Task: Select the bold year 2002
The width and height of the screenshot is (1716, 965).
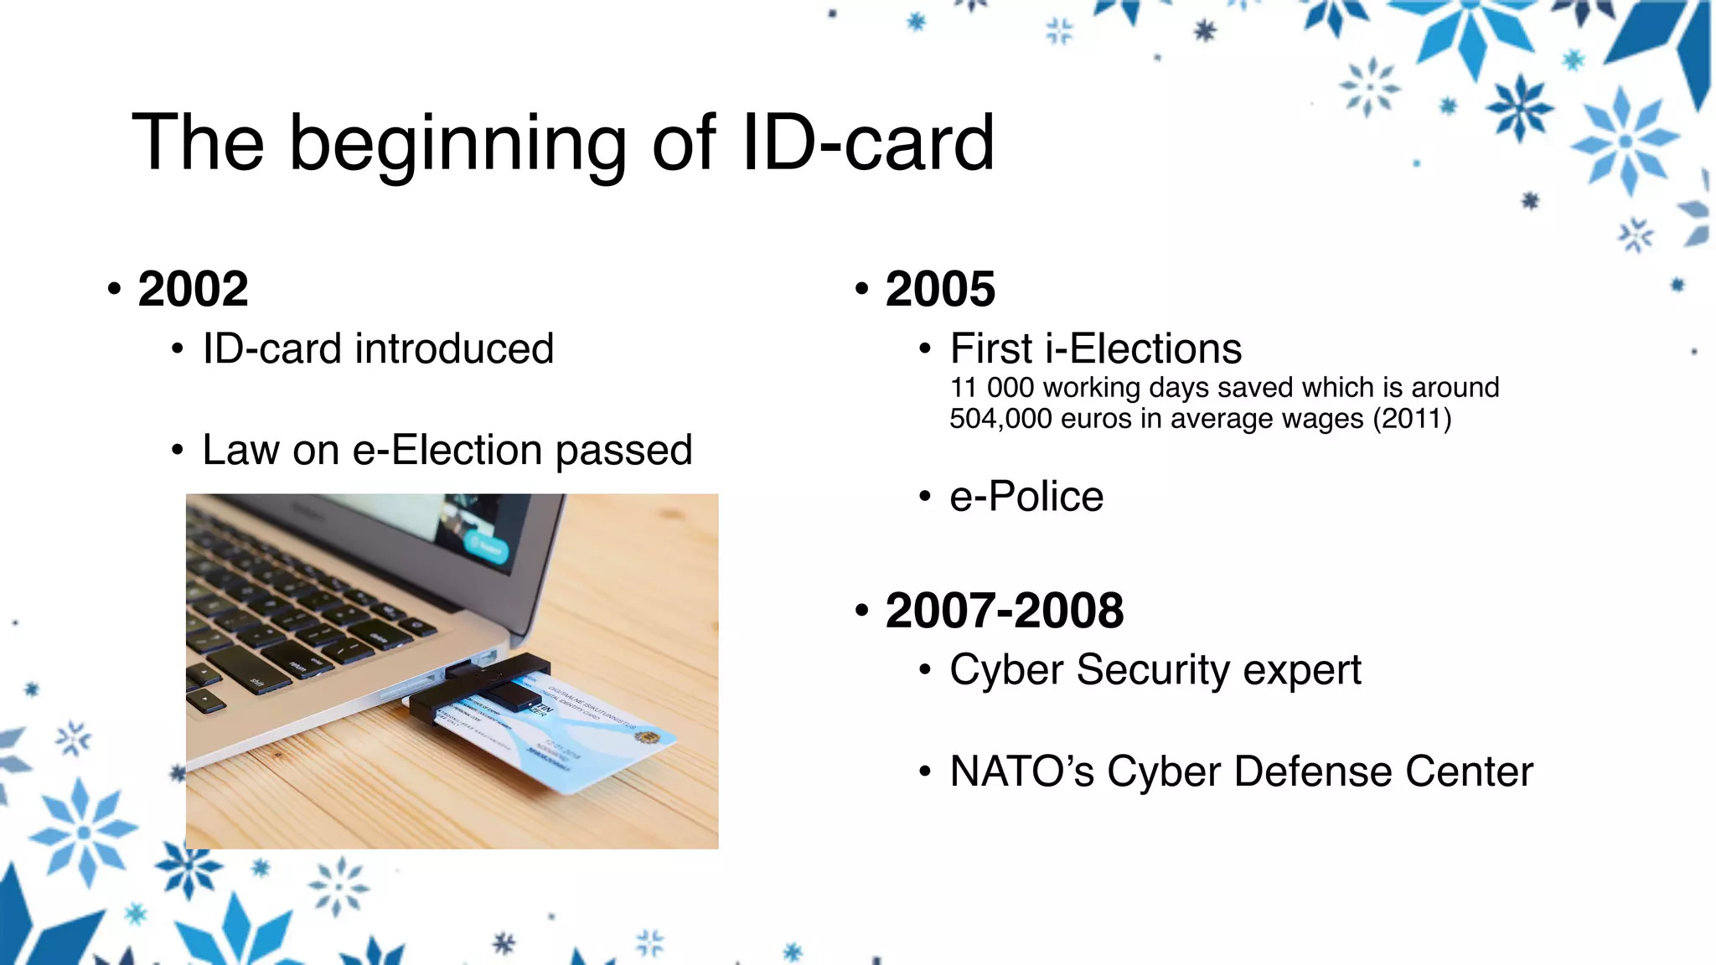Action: tap(193, 289)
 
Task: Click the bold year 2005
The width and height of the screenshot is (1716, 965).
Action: tap(940, 289)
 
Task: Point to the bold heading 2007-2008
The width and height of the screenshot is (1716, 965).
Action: tap(1004, 610)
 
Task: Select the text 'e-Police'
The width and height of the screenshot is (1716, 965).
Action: tap(1026, 496)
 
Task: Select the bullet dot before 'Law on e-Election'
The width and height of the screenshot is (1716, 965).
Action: tap(177, 451)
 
